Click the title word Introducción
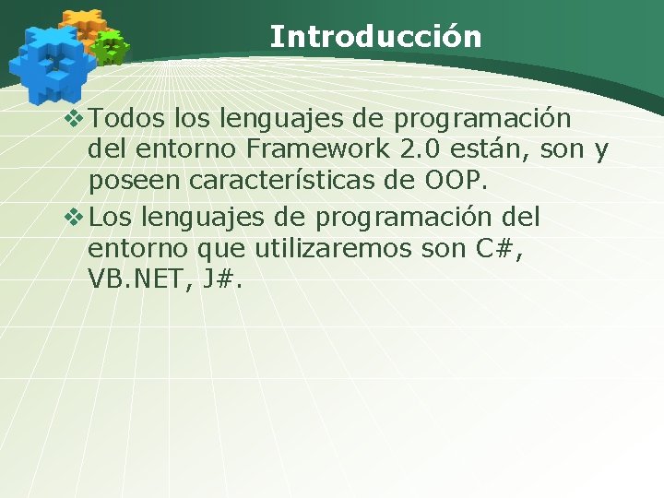coord(375,37)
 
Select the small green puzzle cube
coord(111,46)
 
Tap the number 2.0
coord(423,149)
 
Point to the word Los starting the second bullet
coord(113,219)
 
